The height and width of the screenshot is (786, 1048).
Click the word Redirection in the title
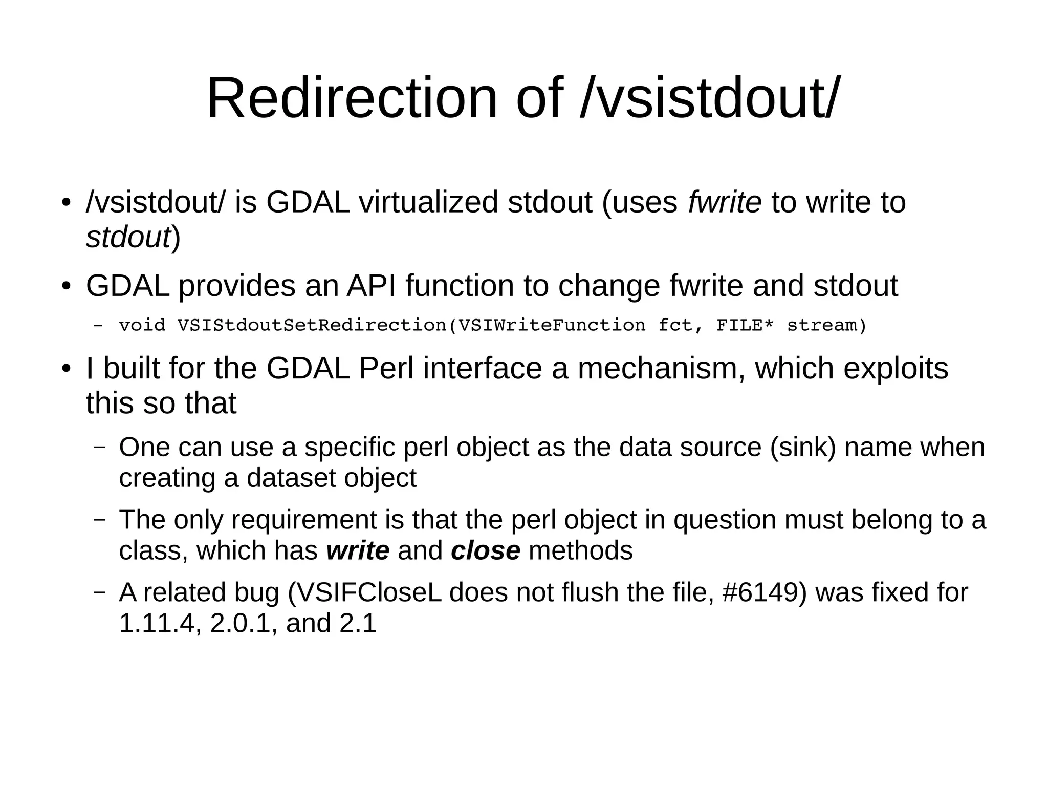coord(352,98)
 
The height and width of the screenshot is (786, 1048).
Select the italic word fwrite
coord(724,202)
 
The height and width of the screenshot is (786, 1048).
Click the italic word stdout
coord(128,237)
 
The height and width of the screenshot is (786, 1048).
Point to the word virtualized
coord(428,202)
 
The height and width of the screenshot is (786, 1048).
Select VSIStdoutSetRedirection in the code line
coord(312,326)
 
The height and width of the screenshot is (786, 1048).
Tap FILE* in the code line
coord(745,326)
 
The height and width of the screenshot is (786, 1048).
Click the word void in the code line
coord(142,326)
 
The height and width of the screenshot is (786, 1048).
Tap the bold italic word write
coord(358,550)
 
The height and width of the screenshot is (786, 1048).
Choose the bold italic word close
coord(485,550)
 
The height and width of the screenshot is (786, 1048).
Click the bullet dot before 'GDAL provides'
coord(65,287)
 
